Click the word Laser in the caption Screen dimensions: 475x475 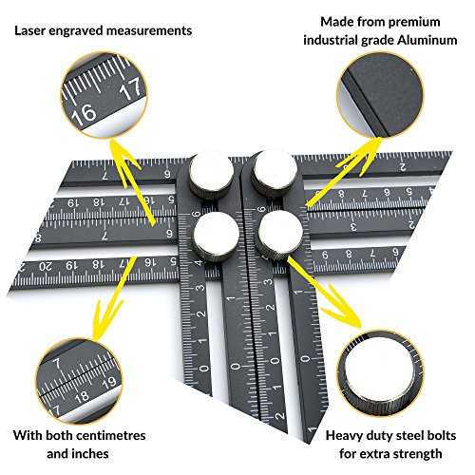(30, 30)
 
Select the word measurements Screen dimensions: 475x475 (149, 30)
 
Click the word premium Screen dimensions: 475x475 (414, 23)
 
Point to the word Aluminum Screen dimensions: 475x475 (427, 40)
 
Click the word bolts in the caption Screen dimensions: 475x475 (441, 435)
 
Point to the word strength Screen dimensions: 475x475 (418, 454)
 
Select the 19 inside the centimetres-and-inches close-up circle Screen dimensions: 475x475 (109, 382)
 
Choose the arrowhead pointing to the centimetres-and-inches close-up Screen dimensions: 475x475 (104, 321)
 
